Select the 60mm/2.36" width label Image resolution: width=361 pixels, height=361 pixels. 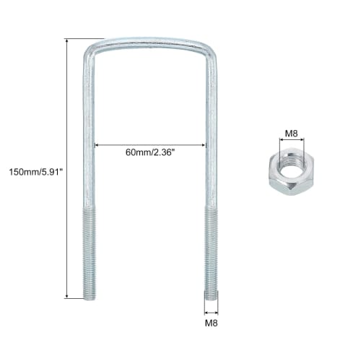[150, 152]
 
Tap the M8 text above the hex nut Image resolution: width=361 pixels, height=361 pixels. [292, 133]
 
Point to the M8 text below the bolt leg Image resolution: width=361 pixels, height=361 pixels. [211, 323]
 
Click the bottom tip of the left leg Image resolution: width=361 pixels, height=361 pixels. [90, 296]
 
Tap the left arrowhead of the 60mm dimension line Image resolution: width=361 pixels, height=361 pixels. [98, 144]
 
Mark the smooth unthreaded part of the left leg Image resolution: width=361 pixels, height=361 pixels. [90, 130]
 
